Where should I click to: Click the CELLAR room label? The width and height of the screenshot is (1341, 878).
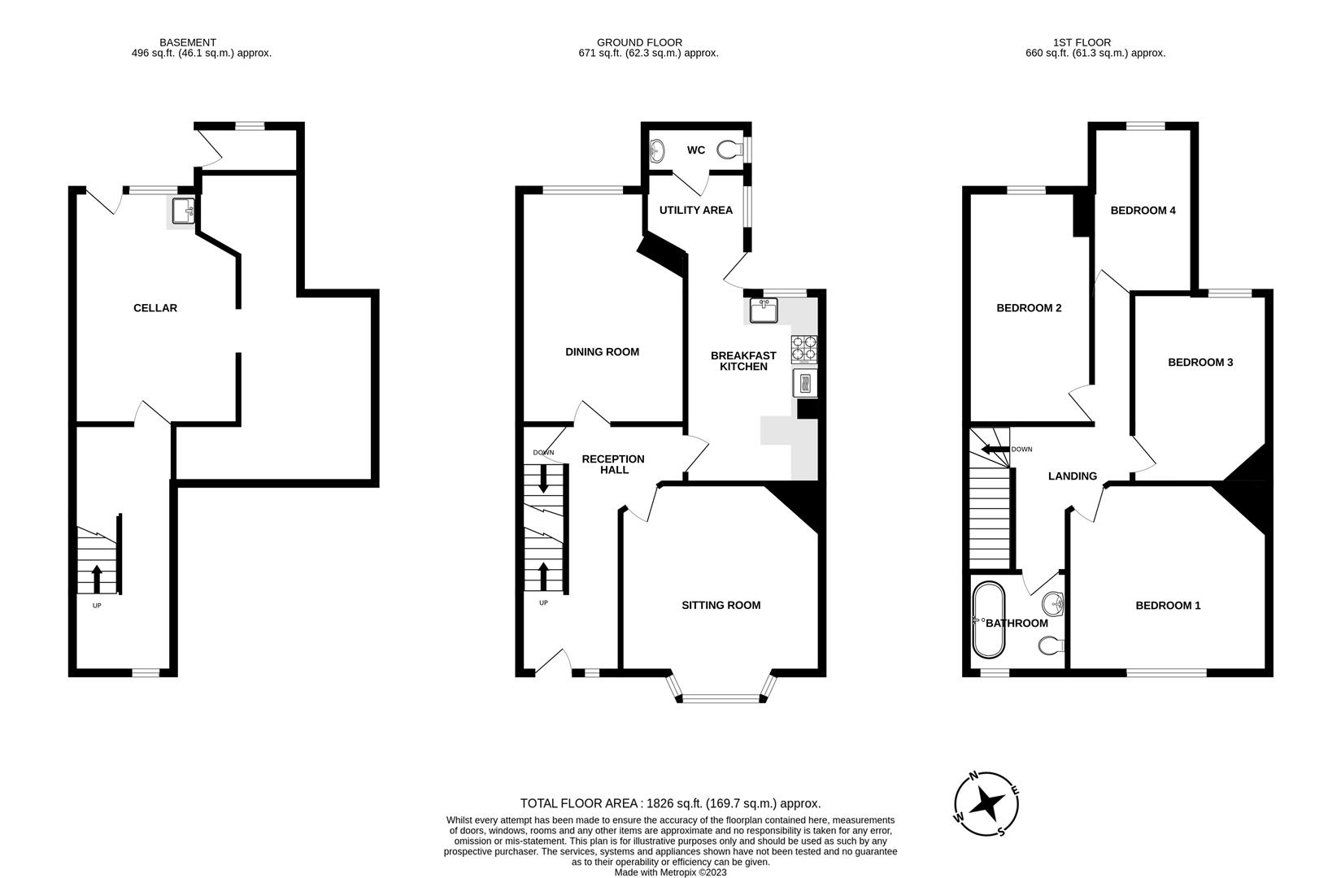[x=155, y=308]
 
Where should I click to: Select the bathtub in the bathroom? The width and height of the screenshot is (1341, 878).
[x=989, y=620]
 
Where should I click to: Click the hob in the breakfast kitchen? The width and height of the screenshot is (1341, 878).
[x=804, y=349]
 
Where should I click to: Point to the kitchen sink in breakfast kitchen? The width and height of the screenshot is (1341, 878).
[x=764, y=310]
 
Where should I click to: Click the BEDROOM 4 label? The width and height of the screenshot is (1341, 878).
[x=1143, y=211]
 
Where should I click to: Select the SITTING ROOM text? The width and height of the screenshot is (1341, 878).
[x=721, y=605]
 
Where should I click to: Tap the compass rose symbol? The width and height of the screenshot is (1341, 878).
[x=987, y=804]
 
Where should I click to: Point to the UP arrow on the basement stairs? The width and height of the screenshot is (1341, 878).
[x=97, y=579]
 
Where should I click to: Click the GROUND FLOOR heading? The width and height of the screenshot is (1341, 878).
[x=639, y=42]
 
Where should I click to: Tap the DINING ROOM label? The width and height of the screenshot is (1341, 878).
[x=602, y=352]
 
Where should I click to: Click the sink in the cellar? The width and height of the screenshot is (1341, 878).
[x=184, y=211]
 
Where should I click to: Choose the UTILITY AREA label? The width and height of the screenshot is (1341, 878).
[x=695, y=210]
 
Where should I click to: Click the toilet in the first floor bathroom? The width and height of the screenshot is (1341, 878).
[x=1051, y=645]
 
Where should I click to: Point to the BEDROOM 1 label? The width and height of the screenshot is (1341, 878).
[x=1168, y=605]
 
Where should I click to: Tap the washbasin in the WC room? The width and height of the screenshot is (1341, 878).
[x=657, y=150]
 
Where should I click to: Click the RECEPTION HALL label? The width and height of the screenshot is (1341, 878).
[x=612, y=464]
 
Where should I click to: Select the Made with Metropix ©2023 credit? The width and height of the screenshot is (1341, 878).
[x=670, y=872]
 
